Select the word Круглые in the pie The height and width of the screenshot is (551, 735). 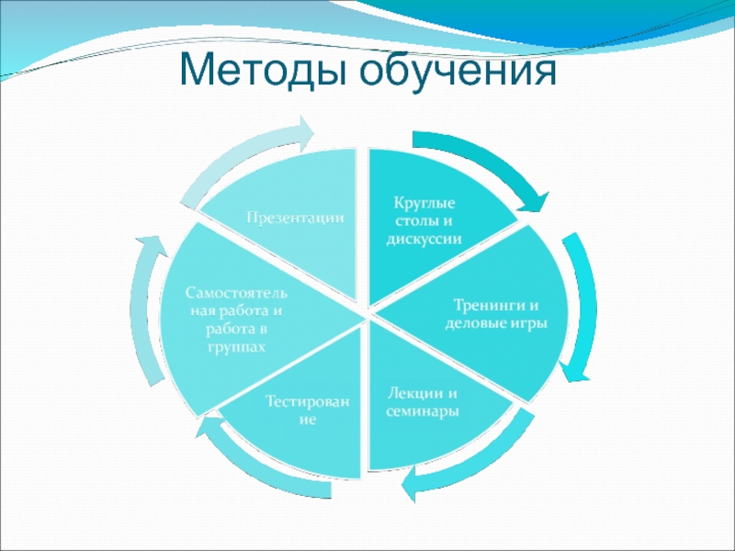click(424, 202)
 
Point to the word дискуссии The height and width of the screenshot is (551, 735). click(424, 238)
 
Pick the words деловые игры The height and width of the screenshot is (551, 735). click(497, 323)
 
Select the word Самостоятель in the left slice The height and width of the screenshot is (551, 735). click(238, 293)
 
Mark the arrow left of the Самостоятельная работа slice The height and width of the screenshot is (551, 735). click(143, 312)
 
